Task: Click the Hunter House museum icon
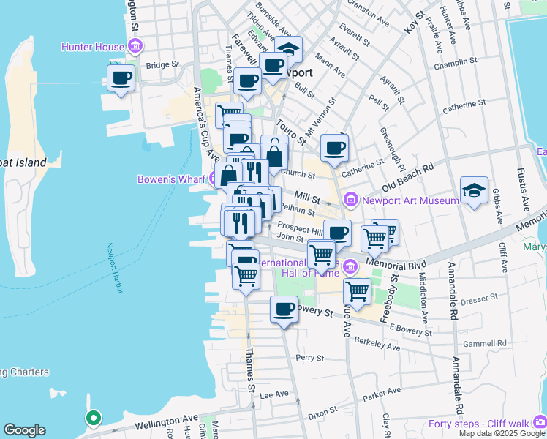[135, 48]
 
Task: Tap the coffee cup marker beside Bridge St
[121, 78]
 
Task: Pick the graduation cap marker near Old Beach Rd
[474, 192]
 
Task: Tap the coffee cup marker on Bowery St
[284, 309]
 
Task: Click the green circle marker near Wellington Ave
[93, 419]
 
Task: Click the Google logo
[25, 430]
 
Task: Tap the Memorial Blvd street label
[396, 262]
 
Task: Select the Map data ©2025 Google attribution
[502, 433]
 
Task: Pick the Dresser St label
[479, 298]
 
